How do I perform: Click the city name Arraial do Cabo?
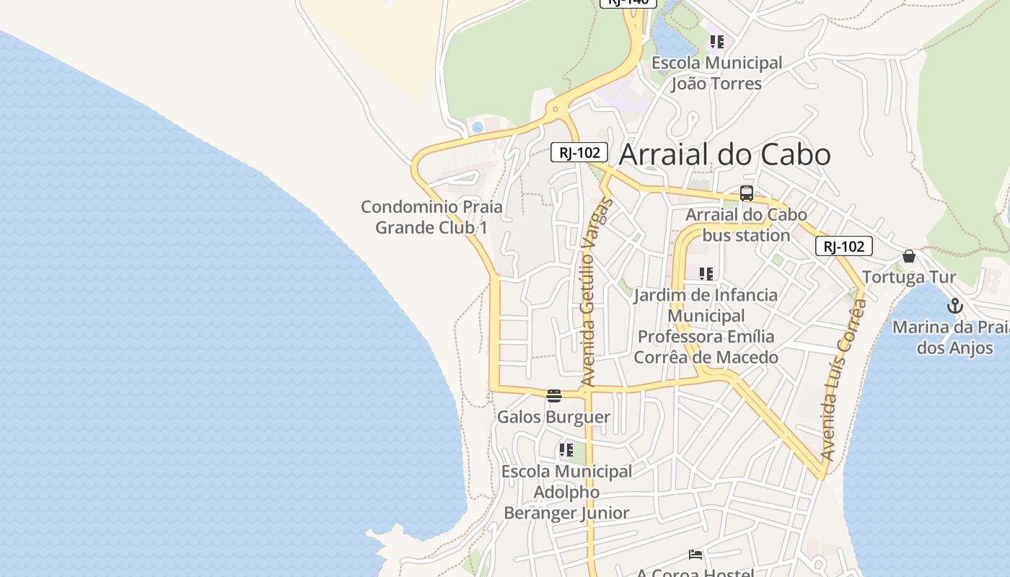click(724, 154)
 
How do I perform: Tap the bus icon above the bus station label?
click(747, 193)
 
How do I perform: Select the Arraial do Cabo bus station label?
click(746, 225)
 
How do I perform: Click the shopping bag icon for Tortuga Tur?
click(909, 256)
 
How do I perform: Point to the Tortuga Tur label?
click(909, 277)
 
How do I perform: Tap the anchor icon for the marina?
click(955, 306)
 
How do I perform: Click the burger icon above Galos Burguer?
click(554, 395)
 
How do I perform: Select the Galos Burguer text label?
click(553, 417)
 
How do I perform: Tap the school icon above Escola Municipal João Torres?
click(716, 42)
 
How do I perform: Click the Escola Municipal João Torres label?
click(716, 74)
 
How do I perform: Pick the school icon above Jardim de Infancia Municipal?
click(706, 274)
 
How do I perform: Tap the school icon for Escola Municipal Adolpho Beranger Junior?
click(566, 450)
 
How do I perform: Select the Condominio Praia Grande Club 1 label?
click(431, 217)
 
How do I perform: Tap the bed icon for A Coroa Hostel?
click(695, 555)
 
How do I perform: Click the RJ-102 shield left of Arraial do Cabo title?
click(579, 152)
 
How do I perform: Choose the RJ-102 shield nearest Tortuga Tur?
click(844, 246)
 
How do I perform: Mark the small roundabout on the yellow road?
click(555, 110)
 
